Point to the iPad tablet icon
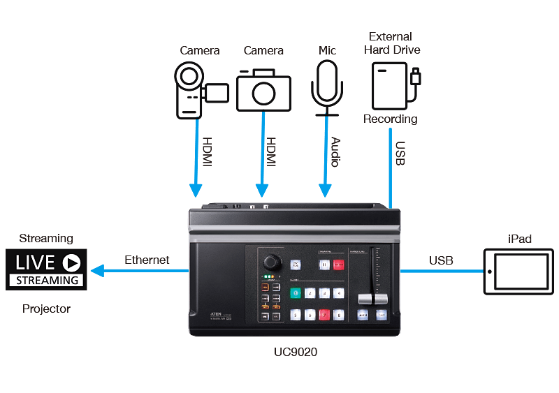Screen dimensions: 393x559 [520, 270]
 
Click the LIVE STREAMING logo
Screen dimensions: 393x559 [47, 269]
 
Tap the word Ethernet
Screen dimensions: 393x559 [147, 260]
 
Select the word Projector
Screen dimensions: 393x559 [46, 308]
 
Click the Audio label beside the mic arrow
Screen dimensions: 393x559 [335, 151]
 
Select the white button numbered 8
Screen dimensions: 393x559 [339, 315]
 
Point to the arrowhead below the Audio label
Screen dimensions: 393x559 [326, 191]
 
